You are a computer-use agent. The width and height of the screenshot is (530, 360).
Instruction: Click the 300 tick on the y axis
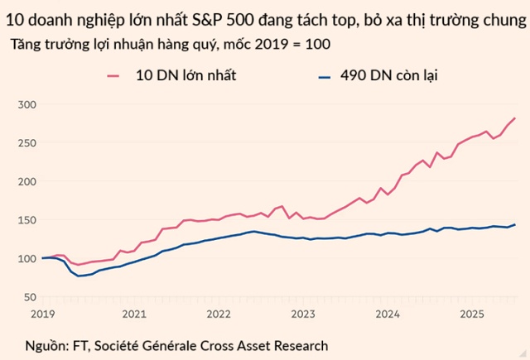tap(26, 104)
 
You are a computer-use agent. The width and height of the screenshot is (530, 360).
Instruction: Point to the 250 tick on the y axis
tap(26, 142)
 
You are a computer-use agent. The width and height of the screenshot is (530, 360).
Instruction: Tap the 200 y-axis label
tap(26, 181)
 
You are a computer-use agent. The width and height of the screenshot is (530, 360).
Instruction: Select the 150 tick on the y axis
tap(26, 219)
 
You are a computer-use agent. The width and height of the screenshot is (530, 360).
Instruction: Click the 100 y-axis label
tap(26, 258)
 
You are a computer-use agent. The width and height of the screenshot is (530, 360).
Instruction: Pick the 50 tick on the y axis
tap(30, 296)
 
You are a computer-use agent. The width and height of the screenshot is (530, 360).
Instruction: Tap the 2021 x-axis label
tap(134, 314)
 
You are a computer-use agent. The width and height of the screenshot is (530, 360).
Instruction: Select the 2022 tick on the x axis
tap(219, 314)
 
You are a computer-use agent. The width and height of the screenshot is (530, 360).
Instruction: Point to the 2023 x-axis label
tap(303, 314)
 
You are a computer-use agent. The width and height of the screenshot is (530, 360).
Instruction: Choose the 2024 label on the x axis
tap(388, 314)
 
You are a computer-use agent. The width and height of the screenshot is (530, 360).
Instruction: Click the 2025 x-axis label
tap(472, 314)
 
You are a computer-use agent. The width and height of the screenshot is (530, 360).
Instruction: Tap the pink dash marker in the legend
tap(115, 77)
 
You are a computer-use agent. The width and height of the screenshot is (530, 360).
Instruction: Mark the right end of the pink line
tap(515, 118)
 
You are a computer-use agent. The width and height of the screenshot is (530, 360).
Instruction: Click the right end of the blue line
tap(515, 224)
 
